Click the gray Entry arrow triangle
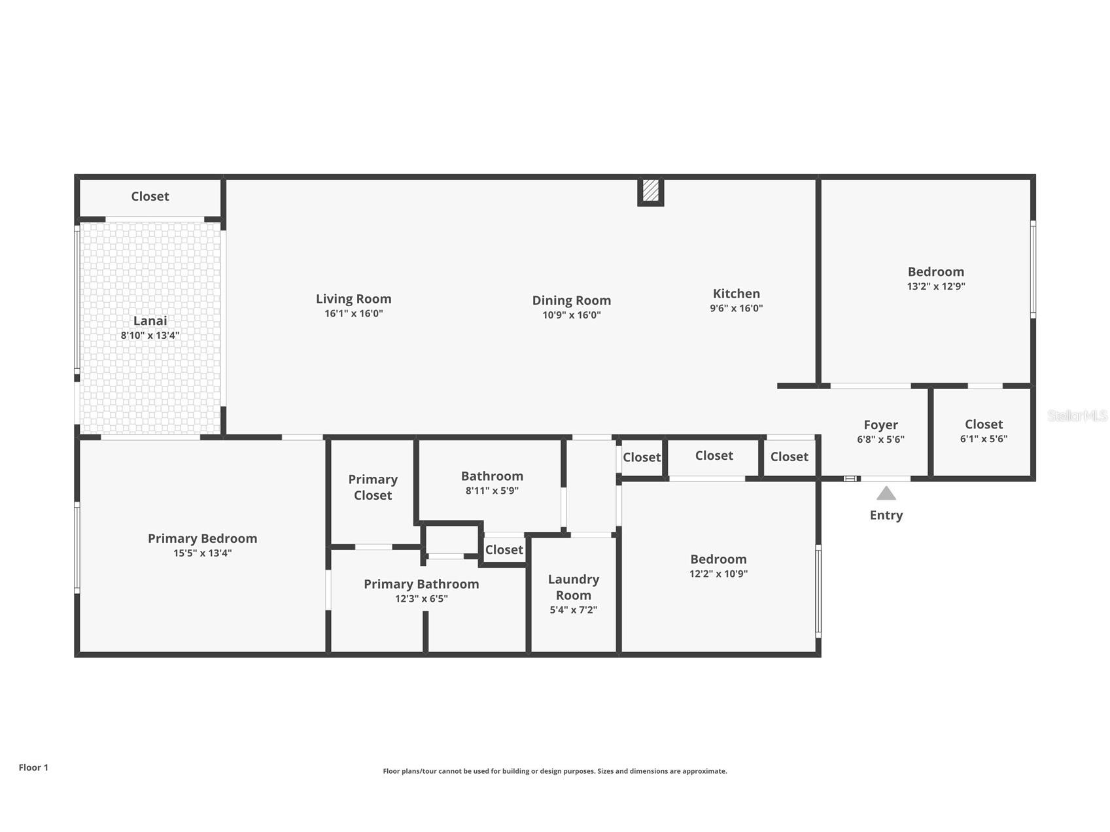(x=886, y=493)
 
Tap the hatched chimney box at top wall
(x=650, y=190)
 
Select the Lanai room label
(x=150, y=321)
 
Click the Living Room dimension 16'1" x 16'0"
(x=353, y=313)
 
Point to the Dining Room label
(x=571, y=300)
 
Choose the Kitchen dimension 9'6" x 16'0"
(x=736, y=308)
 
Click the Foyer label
(x=880, y=425)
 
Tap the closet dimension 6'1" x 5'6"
(x=983, y=439)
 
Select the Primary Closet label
(x=373, y=487)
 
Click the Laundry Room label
(x=573, y=587)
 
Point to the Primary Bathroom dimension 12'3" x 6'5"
(x=421, y=598)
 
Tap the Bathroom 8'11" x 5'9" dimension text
(x=492, y=491)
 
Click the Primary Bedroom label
(x=202, y=538)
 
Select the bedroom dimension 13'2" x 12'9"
(x=935, y=286)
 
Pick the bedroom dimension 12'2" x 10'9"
(x=718, y=574)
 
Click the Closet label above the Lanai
(x=150, y=196)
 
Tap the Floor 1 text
(x=33, y=767)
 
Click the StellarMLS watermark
(x=1077, y=415)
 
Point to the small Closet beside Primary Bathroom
(x=504, y=549)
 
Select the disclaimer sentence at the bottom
(x=555, y=771)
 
